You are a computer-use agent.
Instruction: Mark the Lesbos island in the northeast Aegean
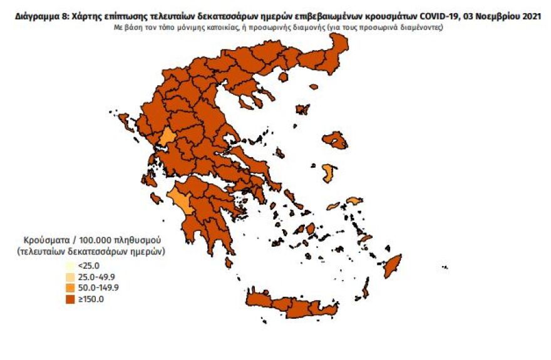click(x=335, y=141)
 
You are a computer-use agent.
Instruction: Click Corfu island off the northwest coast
click(x=125, y=121)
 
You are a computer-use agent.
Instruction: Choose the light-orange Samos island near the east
click(x=354, y=201)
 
